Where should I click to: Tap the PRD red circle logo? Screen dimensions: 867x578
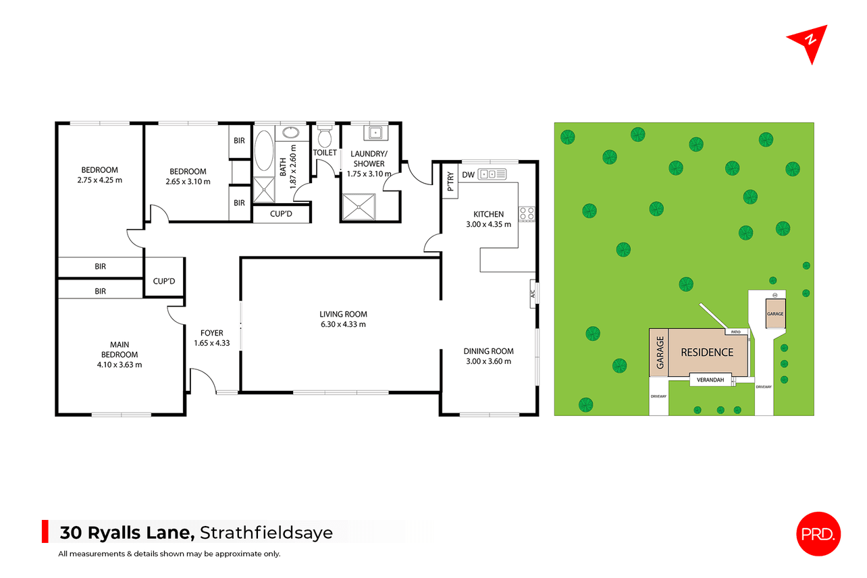818,534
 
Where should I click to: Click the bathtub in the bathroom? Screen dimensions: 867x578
264,151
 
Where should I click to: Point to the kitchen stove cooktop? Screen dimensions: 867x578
527,214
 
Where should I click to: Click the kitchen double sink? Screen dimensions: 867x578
492,174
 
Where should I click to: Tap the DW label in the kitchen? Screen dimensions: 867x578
468,175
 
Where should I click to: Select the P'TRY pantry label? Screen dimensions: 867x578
450,181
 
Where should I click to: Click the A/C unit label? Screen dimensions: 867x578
533,294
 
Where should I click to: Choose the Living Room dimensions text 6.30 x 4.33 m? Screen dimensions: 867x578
343,324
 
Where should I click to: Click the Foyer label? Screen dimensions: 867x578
212,333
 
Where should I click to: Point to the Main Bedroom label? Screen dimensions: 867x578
120,350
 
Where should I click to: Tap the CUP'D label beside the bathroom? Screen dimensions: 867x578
281,213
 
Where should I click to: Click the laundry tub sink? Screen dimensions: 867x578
375,133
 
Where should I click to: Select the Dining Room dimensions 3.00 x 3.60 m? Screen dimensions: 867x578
488,362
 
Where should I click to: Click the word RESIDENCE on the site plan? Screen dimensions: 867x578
707,352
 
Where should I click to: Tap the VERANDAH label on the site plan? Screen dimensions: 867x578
710,380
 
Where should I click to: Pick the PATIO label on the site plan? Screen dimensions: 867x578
736,332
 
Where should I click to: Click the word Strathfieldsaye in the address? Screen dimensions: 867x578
266,533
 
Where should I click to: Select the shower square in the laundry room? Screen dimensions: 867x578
359,207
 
